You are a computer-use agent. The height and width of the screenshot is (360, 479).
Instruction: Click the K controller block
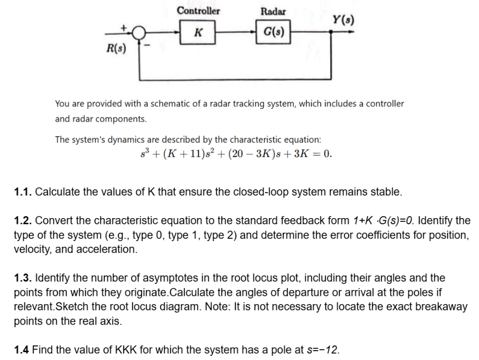(198, 32)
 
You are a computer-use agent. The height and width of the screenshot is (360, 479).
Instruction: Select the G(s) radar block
(273, 32)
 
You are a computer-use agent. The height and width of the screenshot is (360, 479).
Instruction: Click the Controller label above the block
(198, 11)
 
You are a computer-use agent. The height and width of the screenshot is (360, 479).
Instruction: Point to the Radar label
(273, 11)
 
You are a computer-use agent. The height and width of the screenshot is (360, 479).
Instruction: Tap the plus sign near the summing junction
(124, 26)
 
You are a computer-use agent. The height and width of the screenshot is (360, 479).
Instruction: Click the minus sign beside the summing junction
(148, 47)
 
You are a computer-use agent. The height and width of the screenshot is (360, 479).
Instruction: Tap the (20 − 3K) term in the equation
(246, 155)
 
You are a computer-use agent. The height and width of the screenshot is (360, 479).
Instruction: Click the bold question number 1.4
(21, 350)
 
